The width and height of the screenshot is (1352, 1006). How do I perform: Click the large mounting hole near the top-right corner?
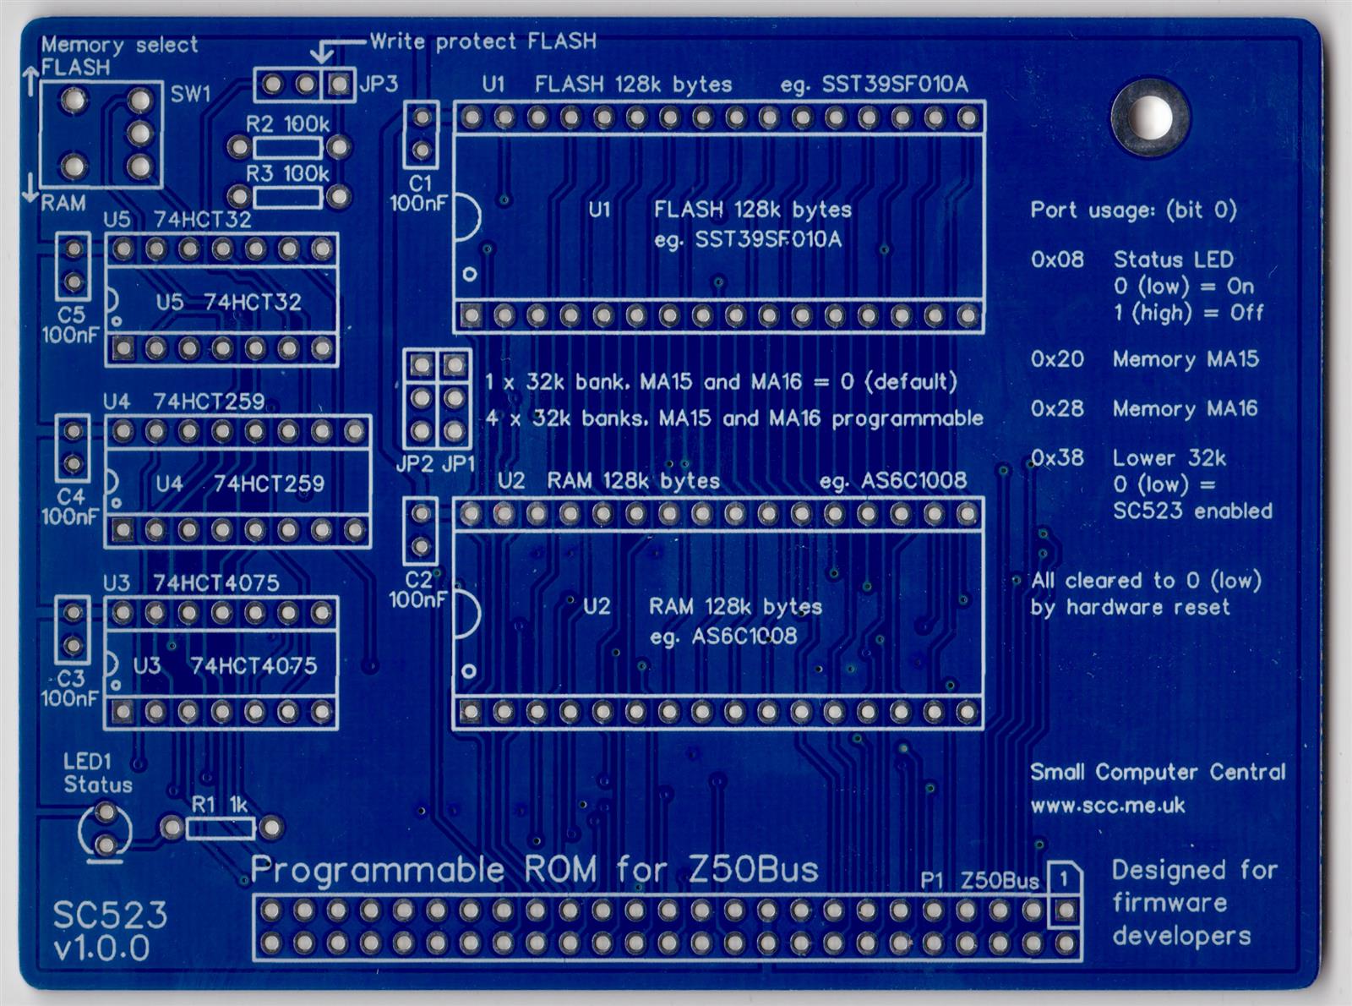point(1150,118)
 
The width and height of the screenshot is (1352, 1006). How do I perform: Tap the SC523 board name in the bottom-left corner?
point(110,915)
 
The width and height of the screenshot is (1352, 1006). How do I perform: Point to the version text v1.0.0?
point(101,949)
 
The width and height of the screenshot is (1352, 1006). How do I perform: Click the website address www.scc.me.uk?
point(1107,805)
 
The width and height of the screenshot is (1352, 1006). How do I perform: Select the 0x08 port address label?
point(1056,260)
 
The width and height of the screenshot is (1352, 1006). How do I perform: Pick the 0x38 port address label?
point(1056,458)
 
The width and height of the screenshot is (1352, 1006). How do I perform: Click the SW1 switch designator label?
point(190,94)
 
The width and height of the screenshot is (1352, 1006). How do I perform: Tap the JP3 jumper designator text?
point(378,84)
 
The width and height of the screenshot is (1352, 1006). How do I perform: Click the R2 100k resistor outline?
point(288,148)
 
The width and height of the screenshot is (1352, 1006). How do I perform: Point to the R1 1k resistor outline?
point(221,827)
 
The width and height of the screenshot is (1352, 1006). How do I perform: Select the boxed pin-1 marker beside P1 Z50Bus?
point(1065,878)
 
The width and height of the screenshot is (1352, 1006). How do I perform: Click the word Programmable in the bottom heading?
point(378,869)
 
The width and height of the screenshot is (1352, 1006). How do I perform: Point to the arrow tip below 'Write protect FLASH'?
point(322,61)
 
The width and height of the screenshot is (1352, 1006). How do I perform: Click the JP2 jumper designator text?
point(414,463)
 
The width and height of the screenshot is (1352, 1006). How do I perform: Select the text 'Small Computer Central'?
point(1157,772)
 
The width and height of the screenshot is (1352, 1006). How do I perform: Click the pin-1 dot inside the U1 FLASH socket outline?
point(470,274)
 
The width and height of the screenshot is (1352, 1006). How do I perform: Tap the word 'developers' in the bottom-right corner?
point(1181,936)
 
